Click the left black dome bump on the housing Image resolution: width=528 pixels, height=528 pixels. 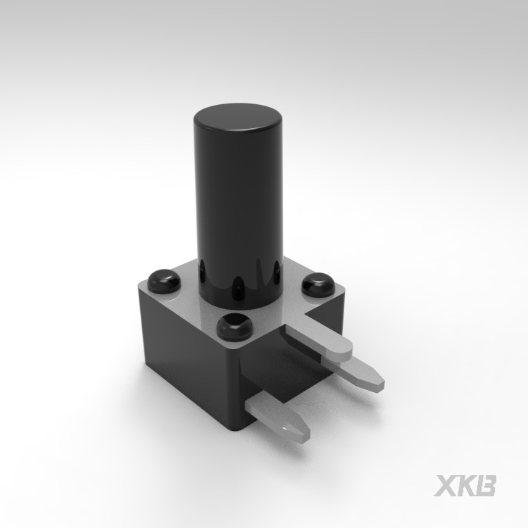coord(163,281)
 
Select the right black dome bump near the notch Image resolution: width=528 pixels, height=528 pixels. coord(318,284)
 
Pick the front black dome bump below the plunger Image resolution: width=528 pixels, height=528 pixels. coord(235,326)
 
